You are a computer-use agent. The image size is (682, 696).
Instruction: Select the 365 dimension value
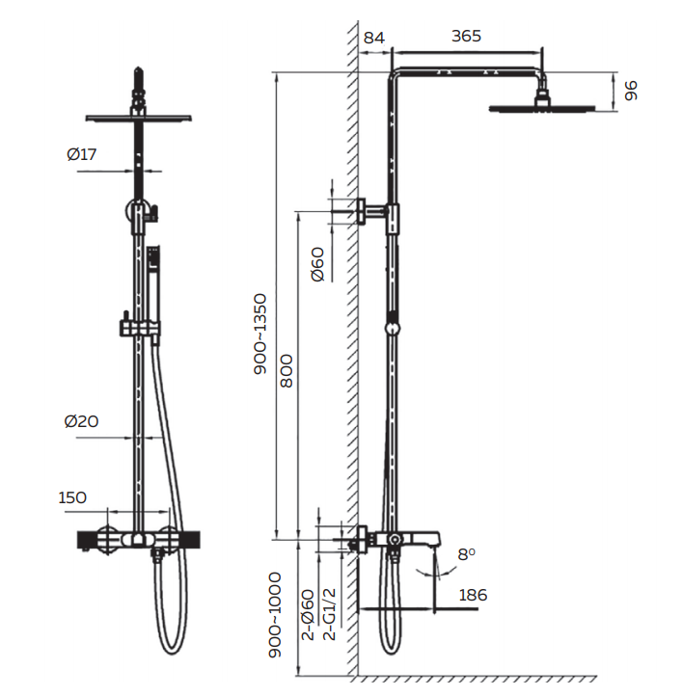tap(466, 37)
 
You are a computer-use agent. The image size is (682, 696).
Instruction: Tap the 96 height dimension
tap(632, 91)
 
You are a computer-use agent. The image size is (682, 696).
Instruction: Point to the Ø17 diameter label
tap(82, 154)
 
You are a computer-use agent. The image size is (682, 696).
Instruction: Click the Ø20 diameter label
tap(82, 421)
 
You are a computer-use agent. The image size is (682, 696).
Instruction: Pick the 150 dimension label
tap(72, 497)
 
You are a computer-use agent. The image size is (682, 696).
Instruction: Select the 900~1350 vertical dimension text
tap(259, 334)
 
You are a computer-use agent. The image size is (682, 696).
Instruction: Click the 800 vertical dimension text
tap(286, 368)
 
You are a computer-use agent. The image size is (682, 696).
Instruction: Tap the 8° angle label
tap(467, 554)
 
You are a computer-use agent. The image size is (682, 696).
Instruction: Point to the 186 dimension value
tap(473, 596)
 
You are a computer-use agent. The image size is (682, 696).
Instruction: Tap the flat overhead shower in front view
tap(140, 118)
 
